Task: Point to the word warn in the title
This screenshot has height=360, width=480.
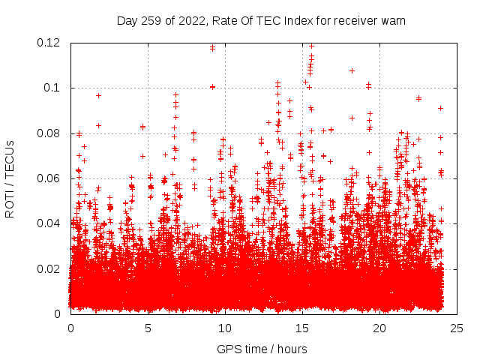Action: click(x=392, y=21)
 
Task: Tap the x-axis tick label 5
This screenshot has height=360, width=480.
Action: click(x=148, y=328)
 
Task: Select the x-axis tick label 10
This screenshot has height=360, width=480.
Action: click(x=225, y=328)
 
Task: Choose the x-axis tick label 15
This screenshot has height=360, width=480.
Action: click(x=302, y=328)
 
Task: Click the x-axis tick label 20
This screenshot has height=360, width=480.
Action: click(x=379, y=328)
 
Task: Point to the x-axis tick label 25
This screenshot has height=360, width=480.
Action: click(x=457, y=328)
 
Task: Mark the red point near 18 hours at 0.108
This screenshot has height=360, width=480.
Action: click(x=352, y=70)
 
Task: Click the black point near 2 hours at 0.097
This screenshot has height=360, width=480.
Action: click(x=98, y=95)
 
